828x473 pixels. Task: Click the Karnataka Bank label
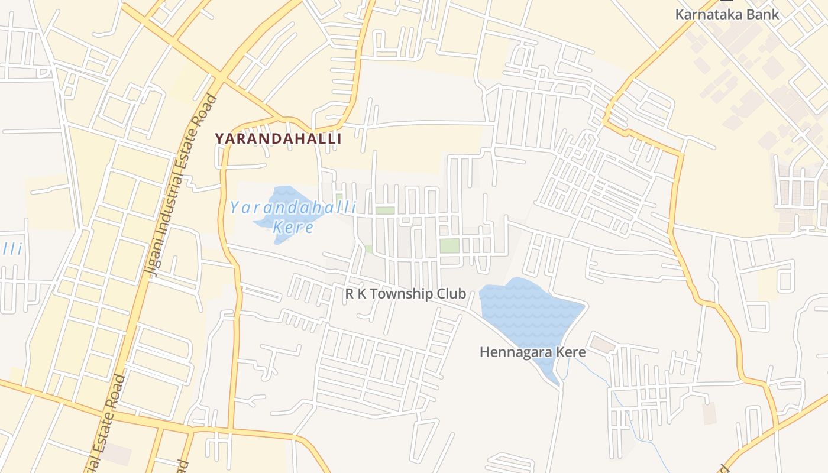pyautogui.click(x=727, y=14)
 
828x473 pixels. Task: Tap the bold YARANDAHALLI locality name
pyautogui.click(x=278, y=139)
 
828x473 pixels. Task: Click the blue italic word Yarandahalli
pyautogui.click(x=293, y=208)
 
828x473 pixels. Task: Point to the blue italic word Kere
pyautogui.click(x=293, y=227)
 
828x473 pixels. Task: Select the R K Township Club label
pyautogui.click(x=405, y=294)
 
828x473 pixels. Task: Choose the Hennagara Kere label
pyautogui.click(x=532, y=352)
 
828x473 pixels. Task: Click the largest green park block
pyautogui.click(x=449, y=245)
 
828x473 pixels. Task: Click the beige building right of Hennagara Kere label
pyautogui.click(x=603, y=344)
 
